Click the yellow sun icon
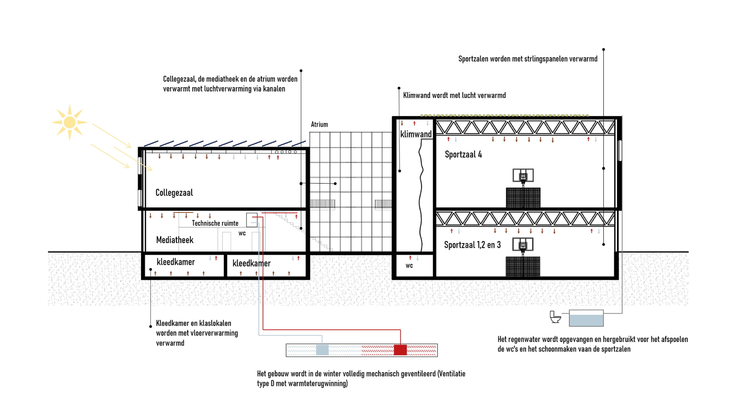(x=69, y=122)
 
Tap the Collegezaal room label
(x=174, y=193)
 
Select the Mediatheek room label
(x=174, y=240)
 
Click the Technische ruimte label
(x=215, y=223)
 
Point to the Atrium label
(x=319, y=124)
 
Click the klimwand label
(x=416, y=134)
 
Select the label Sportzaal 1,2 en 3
(x=472, y=245)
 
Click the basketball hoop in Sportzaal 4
(x=523, y=176)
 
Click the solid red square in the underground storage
(x=400, y=350)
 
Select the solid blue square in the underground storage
(x=322, y=350)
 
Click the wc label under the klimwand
(x=409, y=266)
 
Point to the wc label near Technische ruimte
(x=242, y=233)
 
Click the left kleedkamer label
(x=176, y=262)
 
